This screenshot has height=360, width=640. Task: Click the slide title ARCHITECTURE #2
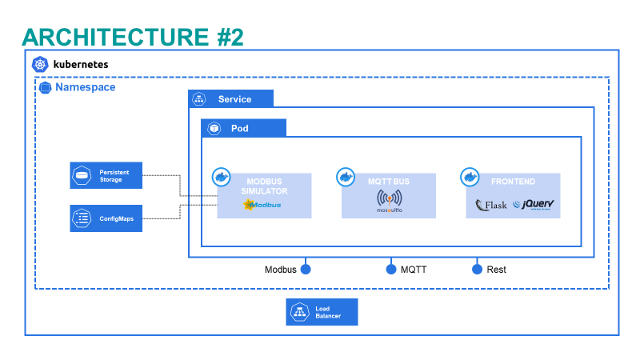coord(132,36)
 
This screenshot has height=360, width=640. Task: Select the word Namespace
coord(85,86)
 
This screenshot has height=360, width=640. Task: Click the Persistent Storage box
coord(106,175)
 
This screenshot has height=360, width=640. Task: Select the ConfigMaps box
coord(106,218)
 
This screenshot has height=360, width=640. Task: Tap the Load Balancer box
coord(322,311)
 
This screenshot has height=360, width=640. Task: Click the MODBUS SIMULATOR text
coord(266,186)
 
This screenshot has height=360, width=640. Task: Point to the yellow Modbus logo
coord(262,205)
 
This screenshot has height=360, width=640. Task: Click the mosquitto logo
coord(389,202)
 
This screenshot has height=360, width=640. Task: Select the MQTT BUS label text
coord(389,182)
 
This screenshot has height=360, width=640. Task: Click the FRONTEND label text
coord(513,182)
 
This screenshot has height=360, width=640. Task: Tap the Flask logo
coord(491,205)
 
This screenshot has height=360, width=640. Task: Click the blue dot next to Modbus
coord(305,270)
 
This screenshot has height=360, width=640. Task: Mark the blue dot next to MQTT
coord(391,270)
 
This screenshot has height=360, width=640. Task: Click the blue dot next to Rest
coord(478,270)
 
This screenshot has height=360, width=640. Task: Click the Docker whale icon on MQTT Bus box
coord(346,176)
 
